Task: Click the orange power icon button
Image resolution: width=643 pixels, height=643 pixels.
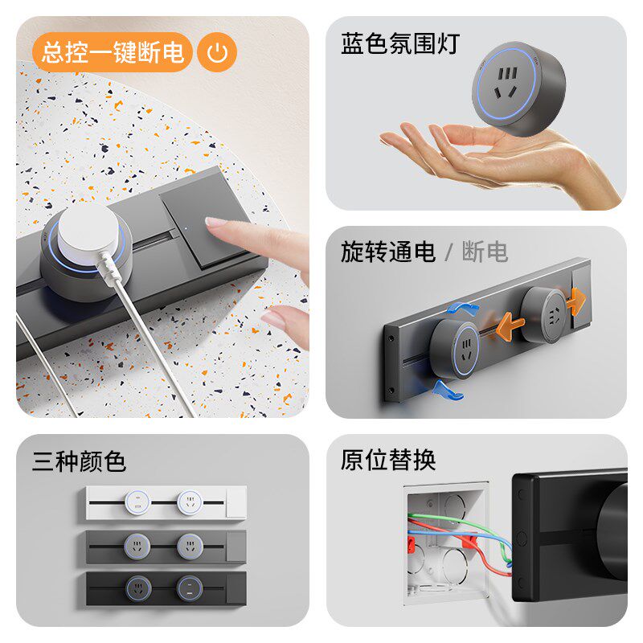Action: point(217,52)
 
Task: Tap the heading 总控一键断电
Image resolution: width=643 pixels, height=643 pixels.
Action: point(112,52)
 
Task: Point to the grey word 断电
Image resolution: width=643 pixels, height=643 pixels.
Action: point(485,252)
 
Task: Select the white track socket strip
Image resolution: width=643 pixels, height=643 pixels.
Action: point(166,502)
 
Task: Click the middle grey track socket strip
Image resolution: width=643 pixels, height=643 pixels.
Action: point(166,545)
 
